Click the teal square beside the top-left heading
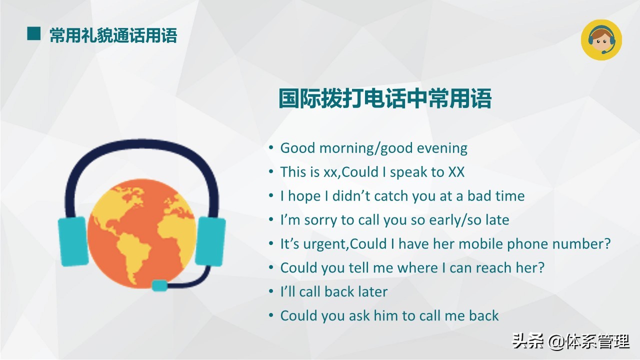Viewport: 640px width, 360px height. pos(33,34)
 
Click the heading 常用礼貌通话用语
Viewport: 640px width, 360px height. pos(113,35)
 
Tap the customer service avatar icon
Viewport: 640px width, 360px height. pos(601,40)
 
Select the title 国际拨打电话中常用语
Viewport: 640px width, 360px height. pos(385,98)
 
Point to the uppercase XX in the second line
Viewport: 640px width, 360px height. pos(456,172)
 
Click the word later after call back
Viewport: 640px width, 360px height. pos(370,291)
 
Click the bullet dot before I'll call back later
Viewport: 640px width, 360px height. pos(271,291)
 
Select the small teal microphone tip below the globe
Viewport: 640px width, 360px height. pos(159,285)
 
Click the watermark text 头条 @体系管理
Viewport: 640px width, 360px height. pos(570,342)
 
